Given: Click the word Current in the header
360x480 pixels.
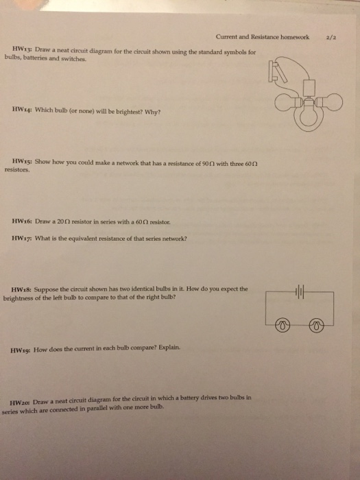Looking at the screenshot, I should click(x=226, y=37).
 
